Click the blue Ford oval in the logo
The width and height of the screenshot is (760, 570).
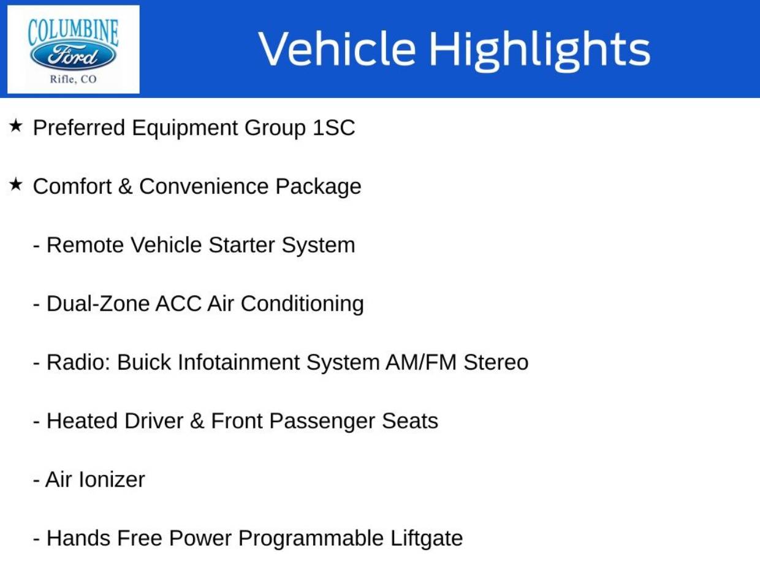[x=73, y=56]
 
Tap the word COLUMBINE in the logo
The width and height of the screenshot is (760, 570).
[x=73, y=31]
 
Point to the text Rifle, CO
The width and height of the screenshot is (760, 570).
[x=73, y=79]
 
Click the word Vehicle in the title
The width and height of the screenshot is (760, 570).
[x=336, y=49]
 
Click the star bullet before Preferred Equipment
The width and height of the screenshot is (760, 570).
[x=16, y=126]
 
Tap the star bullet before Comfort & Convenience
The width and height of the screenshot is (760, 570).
[x=16, y=184]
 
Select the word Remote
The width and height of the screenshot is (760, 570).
[x=86, y=245]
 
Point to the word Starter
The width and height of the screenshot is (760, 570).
[x=242, y=245]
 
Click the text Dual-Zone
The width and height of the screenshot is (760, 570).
[x=98, y=303]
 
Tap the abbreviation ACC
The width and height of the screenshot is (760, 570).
[x=178, y=303]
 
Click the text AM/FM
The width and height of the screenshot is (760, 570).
[x=421, y=362]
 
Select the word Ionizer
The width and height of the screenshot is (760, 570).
[x=112, y=479]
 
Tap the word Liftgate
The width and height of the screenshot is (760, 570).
[x=427, y=538]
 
